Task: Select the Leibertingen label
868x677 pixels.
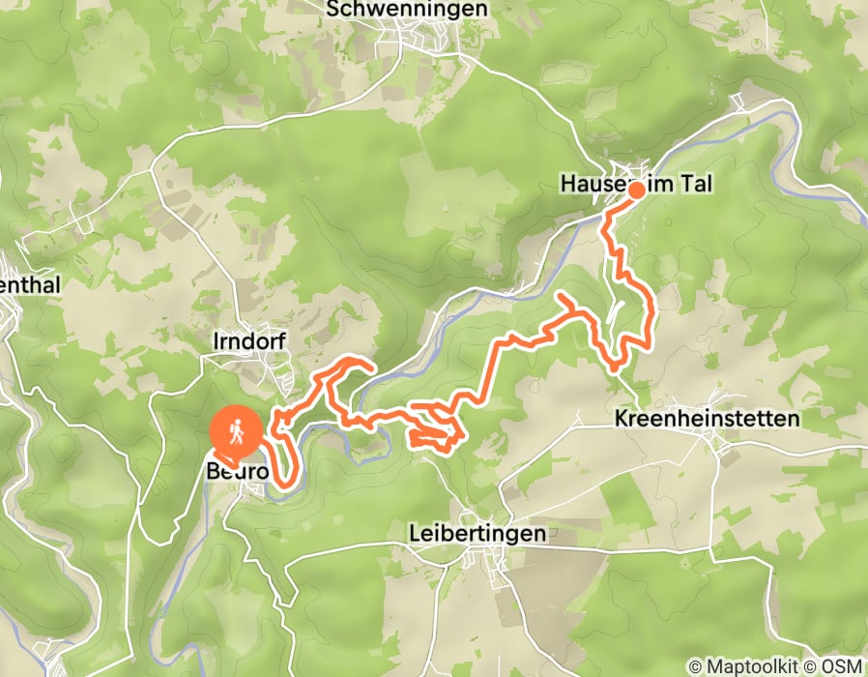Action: pos(477,533)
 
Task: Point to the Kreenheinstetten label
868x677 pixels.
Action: pos(708,419)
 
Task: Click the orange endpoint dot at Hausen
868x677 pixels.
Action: pos(637,190)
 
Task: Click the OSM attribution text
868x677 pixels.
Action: pos(843,666)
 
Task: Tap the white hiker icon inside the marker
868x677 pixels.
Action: pos(235,427)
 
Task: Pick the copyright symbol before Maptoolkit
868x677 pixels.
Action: pos(695,666)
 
